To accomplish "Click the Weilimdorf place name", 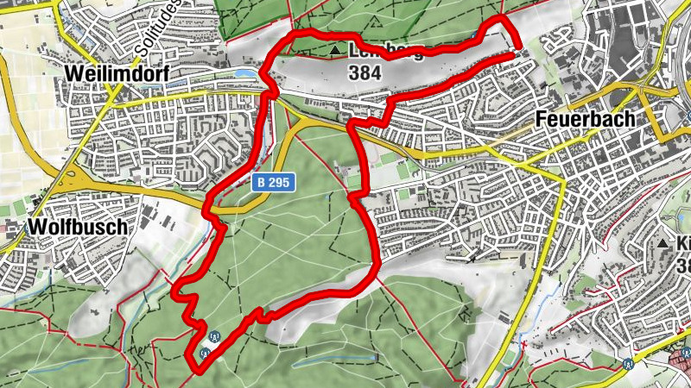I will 116,75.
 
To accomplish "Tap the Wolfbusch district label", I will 78,227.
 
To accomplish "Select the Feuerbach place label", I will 586,119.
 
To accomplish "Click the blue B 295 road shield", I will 275,183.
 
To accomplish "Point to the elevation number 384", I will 366,73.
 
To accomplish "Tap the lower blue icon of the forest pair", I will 205,353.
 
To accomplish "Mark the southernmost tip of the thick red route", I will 197,372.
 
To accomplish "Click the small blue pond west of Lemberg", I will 249,76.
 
